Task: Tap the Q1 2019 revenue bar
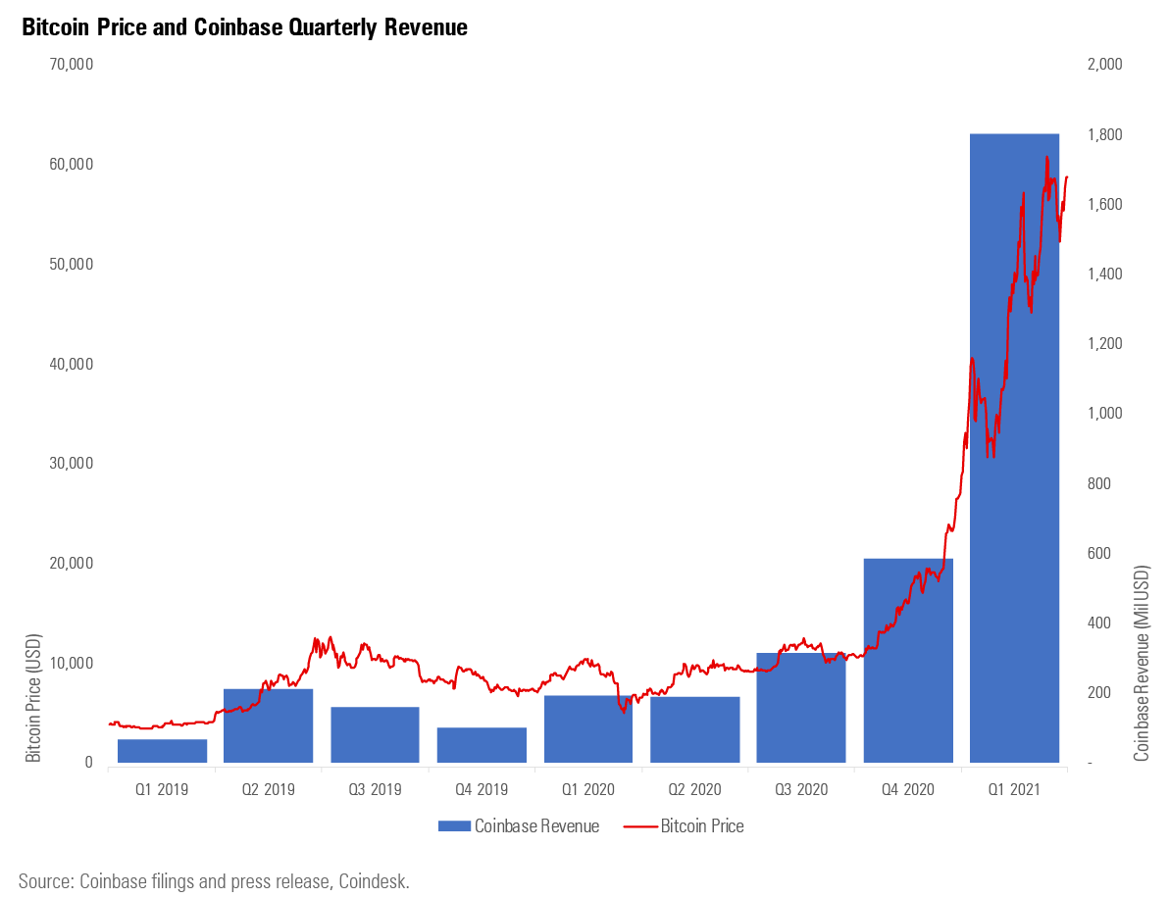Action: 162,751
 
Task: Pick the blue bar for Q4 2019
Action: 482,745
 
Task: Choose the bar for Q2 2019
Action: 268,725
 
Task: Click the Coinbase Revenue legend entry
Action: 519,826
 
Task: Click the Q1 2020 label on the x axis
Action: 588,788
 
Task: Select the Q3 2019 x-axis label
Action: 375,788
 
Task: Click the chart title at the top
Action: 244,28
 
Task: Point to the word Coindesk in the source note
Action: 374,881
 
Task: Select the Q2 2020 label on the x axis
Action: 694,788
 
